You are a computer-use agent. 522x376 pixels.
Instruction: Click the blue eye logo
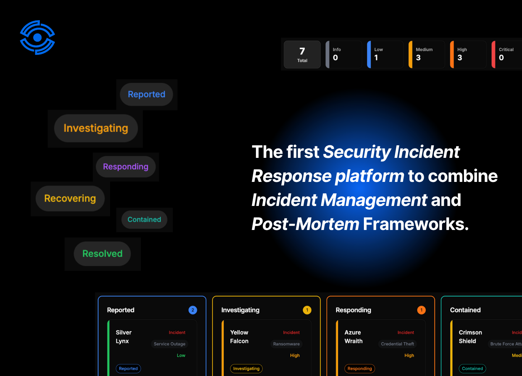pos(37,38)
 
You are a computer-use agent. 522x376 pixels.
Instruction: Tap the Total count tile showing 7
pos(302,55)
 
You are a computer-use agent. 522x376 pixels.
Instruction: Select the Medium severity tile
pos(427,55)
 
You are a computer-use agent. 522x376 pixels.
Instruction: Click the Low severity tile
pos(385,55)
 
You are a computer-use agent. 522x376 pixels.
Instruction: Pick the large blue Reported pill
pos(147,94)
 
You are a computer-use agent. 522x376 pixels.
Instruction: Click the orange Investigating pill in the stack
pos(96,128)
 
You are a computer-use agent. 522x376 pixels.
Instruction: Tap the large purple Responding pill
pos(125,167)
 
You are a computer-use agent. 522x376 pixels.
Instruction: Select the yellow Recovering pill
pos(70,198)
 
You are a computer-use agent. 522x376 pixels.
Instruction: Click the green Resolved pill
pos(102,254)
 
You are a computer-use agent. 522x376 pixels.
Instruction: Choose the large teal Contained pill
pos(144,220)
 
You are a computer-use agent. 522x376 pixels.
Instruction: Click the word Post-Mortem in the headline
pos(305,224)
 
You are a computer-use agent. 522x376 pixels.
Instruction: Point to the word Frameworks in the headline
pos(416,224)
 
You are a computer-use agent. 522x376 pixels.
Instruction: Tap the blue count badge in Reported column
pos(193,310)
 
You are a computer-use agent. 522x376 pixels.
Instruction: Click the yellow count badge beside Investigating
pos(307,310)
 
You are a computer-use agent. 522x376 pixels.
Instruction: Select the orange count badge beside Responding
pos(421,310)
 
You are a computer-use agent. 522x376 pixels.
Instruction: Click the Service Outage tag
pos(170,344)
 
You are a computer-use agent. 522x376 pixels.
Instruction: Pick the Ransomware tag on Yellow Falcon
pos(286,344)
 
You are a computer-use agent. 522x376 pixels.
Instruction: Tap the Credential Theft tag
pos(397,344)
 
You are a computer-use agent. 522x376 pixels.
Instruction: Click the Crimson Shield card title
pos(470,337)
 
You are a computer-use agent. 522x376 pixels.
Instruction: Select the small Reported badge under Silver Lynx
pos(128,368)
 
